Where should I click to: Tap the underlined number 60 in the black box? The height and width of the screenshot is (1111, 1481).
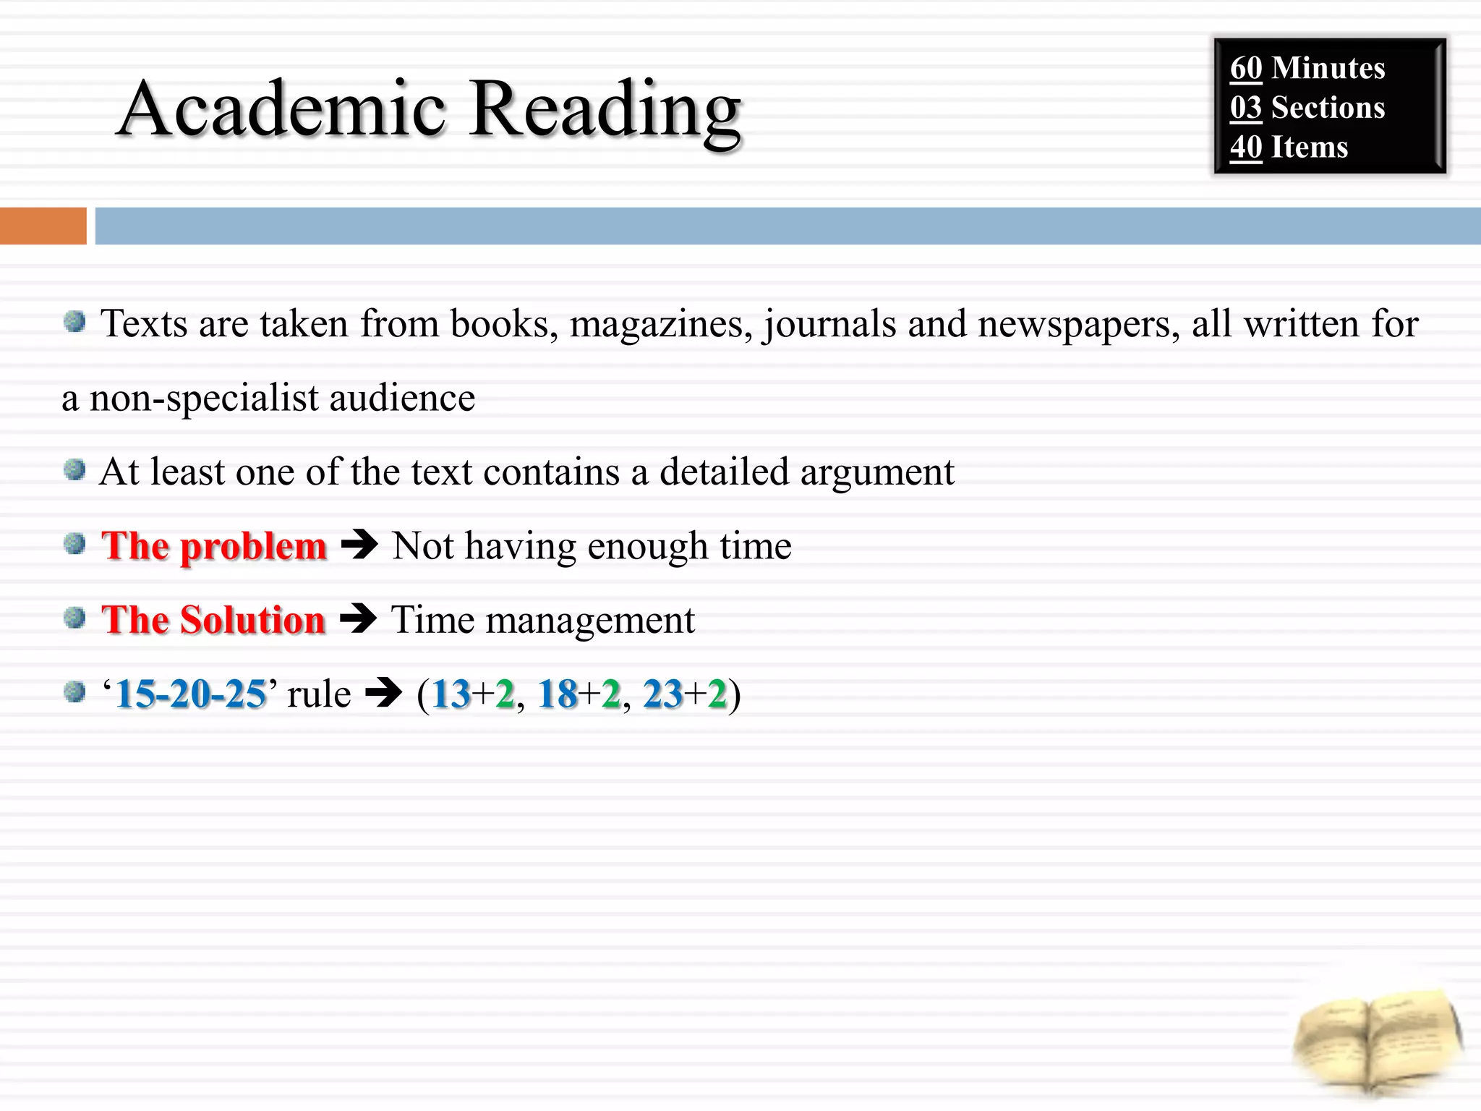pos(1246,69)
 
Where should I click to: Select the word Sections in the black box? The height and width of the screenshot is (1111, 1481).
pos(1328,108)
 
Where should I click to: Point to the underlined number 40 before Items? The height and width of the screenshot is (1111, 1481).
pos(1246,148)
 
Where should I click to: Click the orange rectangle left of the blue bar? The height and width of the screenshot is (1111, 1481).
pos(43,226)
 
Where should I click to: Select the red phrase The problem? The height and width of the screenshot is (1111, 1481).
pos(214,546)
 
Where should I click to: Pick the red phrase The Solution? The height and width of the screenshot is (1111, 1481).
pos(213,621)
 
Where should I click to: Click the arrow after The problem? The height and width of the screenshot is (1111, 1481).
pos(359,545)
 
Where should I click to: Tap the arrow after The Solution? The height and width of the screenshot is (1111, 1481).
pos(358,619)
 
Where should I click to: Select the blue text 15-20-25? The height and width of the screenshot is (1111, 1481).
pos(190,694)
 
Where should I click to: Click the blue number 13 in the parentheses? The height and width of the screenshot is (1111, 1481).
pos(451,694)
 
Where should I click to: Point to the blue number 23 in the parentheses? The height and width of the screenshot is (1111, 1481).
pos(662,694)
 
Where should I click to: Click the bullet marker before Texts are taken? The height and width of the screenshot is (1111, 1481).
pos(74,321)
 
